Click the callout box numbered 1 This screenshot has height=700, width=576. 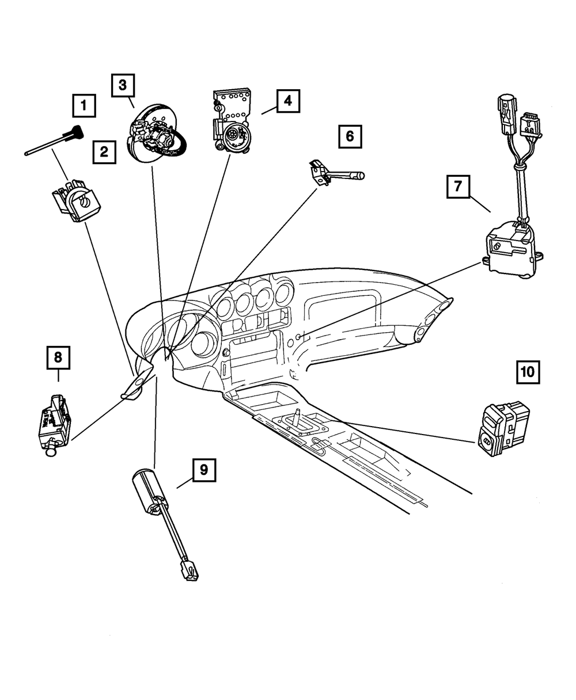click(x=84, y=106)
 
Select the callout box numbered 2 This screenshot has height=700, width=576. click(x=104, y=153)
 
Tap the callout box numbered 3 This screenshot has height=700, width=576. click(x=123, y=86)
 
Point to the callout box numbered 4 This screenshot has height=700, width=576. click(x=287, y=101)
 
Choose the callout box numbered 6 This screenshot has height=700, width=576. click(x=350, y=136)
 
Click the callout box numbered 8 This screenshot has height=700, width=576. click(x=58, y=357)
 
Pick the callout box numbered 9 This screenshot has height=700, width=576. click(x=204, y=470)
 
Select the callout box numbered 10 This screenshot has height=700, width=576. click(x=528, y=371)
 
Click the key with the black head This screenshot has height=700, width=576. click(x=75, y=132)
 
